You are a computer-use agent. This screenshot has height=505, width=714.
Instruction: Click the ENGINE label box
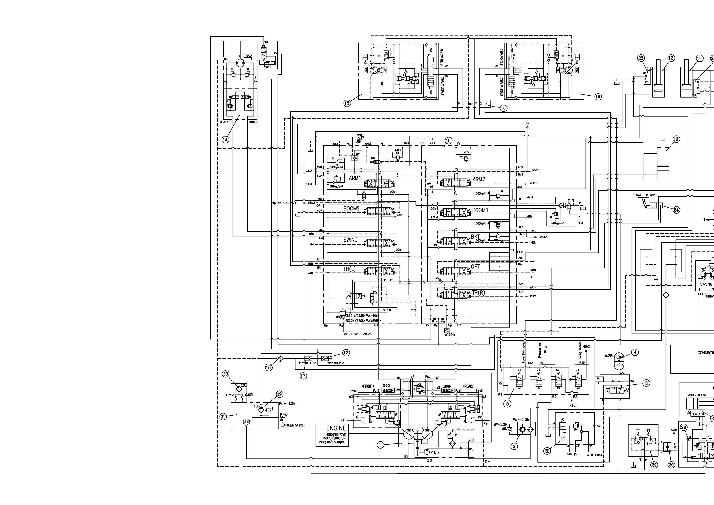click(332, 435)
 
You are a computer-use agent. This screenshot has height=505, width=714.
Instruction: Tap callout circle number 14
click(225, 139)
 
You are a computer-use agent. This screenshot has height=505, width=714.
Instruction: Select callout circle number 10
click(448, 141)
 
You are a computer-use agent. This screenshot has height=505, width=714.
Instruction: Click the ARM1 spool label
click(355, 178)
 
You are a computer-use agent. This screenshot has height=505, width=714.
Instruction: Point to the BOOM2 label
click(351, 209)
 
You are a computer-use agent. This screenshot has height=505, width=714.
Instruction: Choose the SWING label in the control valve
click(351, 240)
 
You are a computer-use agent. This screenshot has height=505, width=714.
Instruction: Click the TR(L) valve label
click(350, 269)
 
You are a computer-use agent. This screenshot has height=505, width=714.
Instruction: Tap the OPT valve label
click(475, 267)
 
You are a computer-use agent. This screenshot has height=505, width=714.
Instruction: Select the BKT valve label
click(475, 237)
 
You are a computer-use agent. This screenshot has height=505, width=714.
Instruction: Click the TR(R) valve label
click(478, 293)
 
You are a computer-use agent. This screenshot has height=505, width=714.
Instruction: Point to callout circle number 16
click(503, 108)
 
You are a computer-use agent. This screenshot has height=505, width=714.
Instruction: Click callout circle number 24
click(676, 210)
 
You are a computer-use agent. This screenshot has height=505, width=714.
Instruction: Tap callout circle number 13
click(676, 139)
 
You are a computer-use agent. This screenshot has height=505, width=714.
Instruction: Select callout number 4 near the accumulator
click(635, 352)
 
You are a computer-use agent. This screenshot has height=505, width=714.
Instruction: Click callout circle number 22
click(547, 451)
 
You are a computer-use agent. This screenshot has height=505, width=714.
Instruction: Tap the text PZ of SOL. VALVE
click(358, 335)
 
